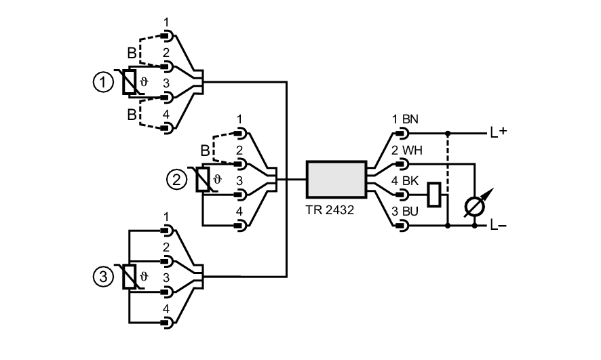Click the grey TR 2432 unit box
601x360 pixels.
pos(336,180)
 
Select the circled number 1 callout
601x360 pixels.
pos(102,82)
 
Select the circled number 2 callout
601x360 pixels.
pos(176,180)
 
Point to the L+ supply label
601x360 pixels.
pos(499,133)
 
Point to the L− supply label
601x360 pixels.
pos(499,226)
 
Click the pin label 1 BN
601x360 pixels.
pos(405,119)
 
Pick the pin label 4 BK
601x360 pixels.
pos(405,181)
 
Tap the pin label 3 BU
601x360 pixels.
pos(405,212)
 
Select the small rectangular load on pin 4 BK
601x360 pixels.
pos(435,195)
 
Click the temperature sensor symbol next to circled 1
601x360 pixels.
pos(128,83)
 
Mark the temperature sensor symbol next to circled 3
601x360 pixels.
pos(128,277)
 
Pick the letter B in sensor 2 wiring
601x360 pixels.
pos(206,149)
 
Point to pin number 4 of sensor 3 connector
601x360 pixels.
pos(166,308)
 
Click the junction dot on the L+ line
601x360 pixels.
pos(448,133)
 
